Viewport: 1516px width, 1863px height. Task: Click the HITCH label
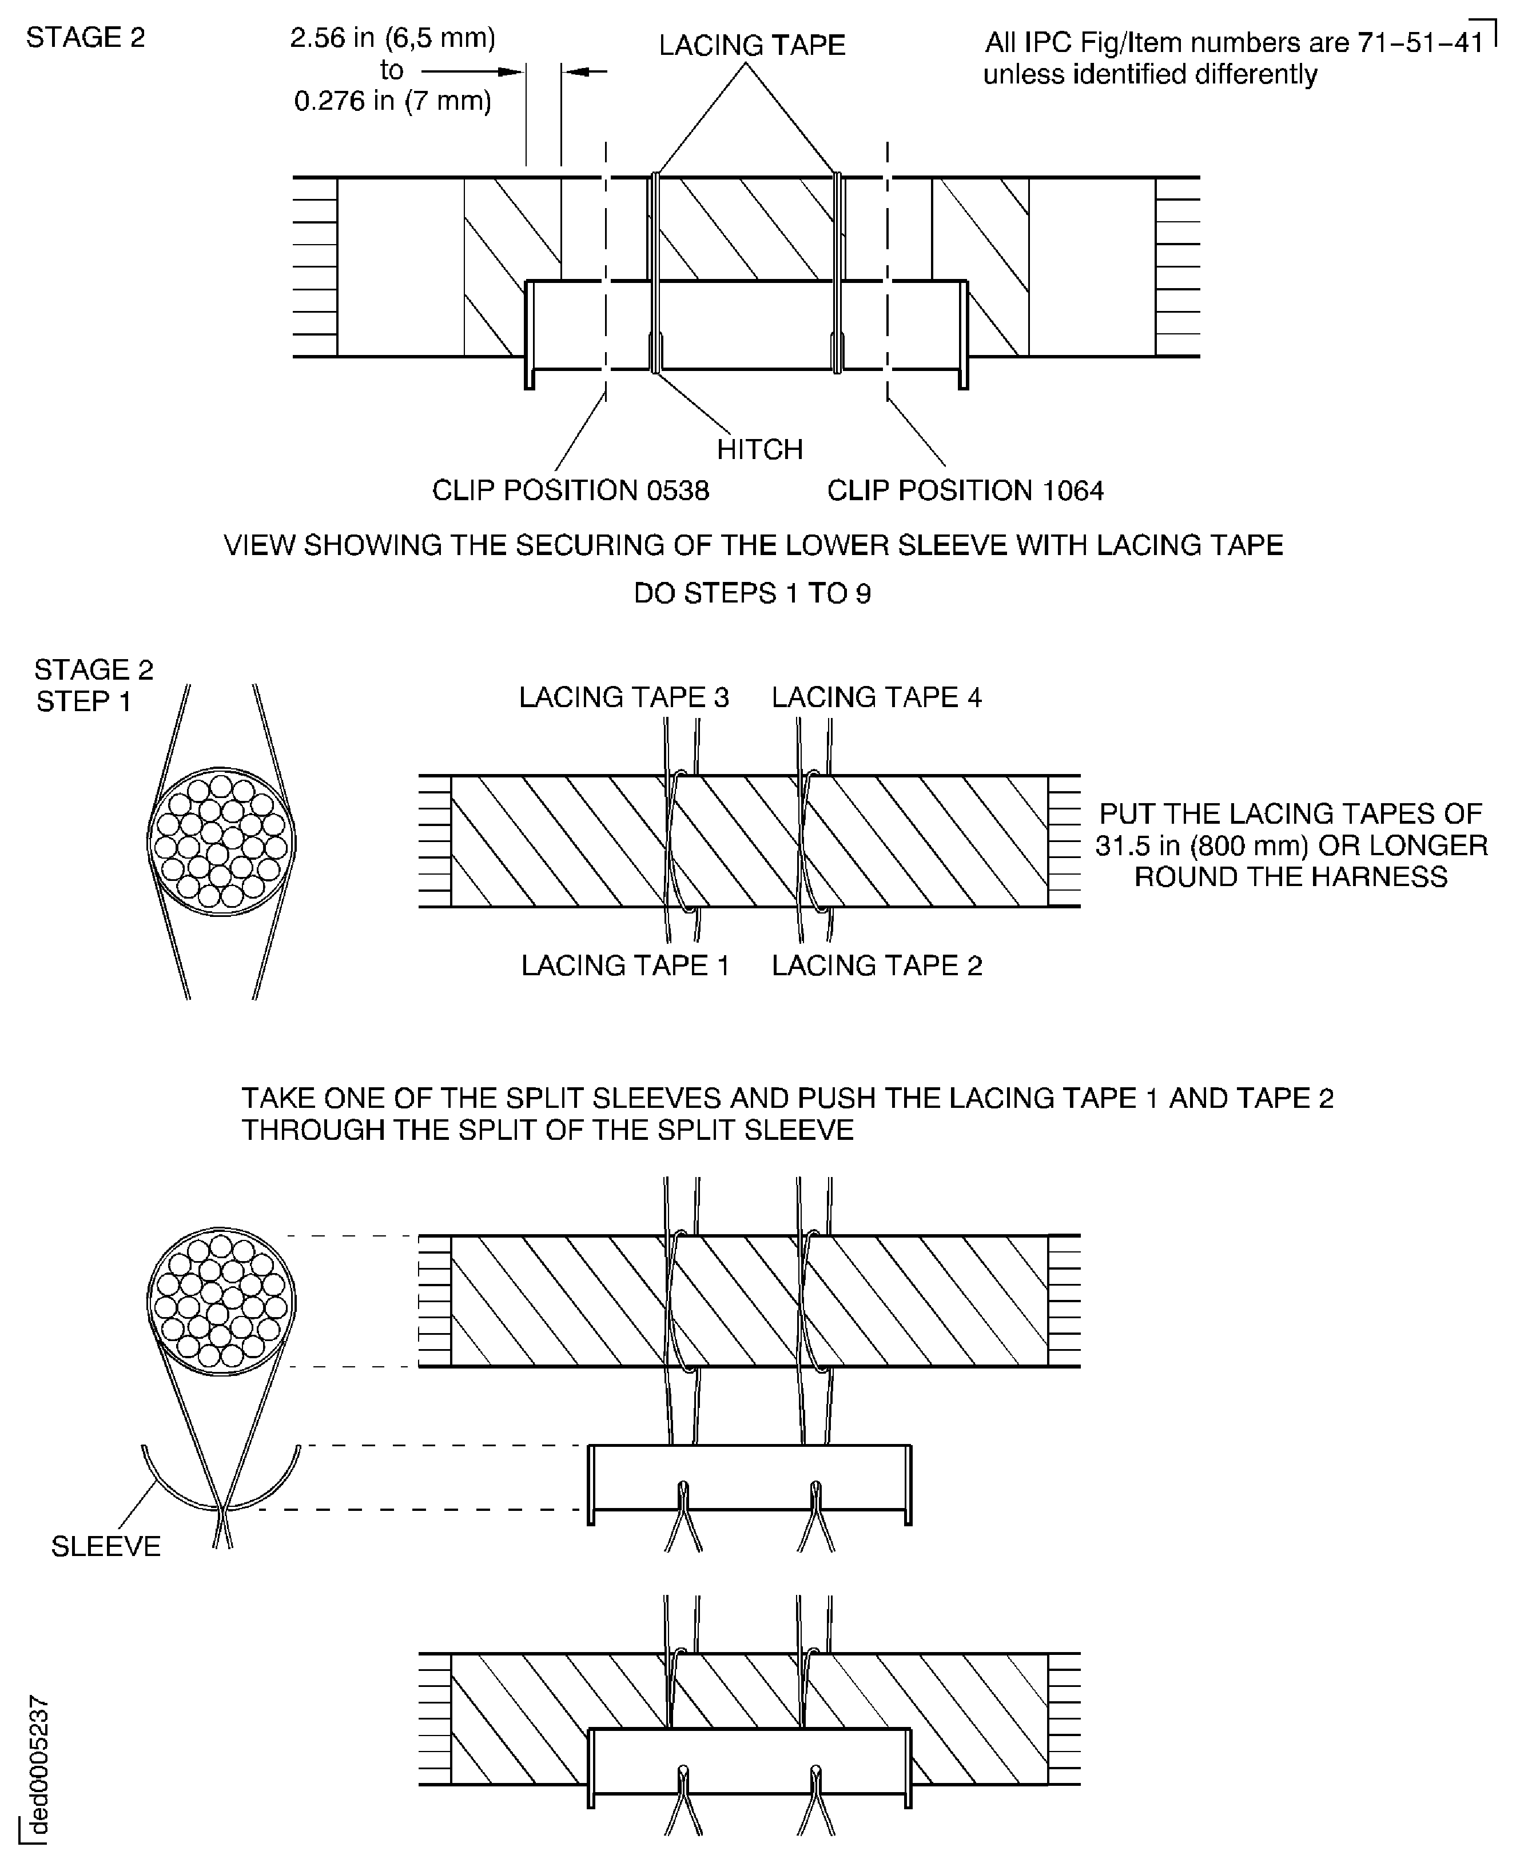(x=759, y=449)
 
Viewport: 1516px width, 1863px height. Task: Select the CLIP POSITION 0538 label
(x=570, y=490)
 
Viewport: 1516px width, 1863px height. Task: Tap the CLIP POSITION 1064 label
(x=965, y=490)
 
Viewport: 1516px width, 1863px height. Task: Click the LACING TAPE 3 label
(x=623, y=697)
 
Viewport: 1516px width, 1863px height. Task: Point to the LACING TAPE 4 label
(x=876, y=697)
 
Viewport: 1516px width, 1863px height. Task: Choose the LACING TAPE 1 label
(x=625, y=965)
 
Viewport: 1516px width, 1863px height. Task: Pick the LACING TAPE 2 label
(x=877, y=965)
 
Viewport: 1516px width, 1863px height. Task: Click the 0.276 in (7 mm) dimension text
(x=392, y=101)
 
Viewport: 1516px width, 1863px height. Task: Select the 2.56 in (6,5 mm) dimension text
(x=392, y=38)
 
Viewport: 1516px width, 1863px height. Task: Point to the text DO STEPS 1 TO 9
(x=752, y=593)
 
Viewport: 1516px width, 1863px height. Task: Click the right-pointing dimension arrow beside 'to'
(x=472, y=71)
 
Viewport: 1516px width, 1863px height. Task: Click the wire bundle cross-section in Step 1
(x=221, y=841)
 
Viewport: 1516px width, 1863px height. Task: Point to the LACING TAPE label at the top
(x=752, y=45)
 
